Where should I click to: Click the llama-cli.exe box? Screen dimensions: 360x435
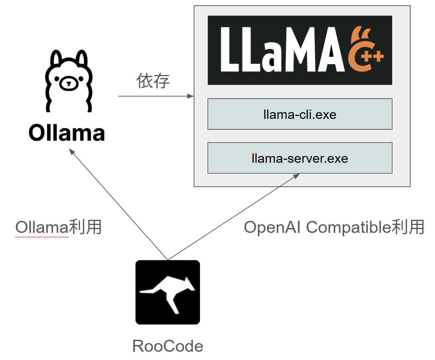300,114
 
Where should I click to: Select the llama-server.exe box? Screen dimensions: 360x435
300,158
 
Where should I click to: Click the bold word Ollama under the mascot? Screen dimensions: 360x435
67,133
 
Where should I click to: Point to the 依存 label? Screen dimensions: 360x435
153,81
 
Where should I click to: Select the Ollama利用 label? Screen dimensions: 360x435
59,227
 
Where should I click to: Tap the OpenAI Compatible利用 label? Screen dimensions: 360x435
334,227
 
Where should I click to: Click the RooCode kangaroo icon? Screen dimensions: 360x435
167,292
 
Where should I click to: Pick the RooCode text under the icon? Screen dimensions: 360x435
168,346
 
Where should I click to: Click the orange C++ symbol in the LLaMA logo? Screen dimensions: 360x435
366,51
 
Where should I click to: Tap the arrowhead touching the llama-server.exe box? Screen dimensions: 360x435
297,175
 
